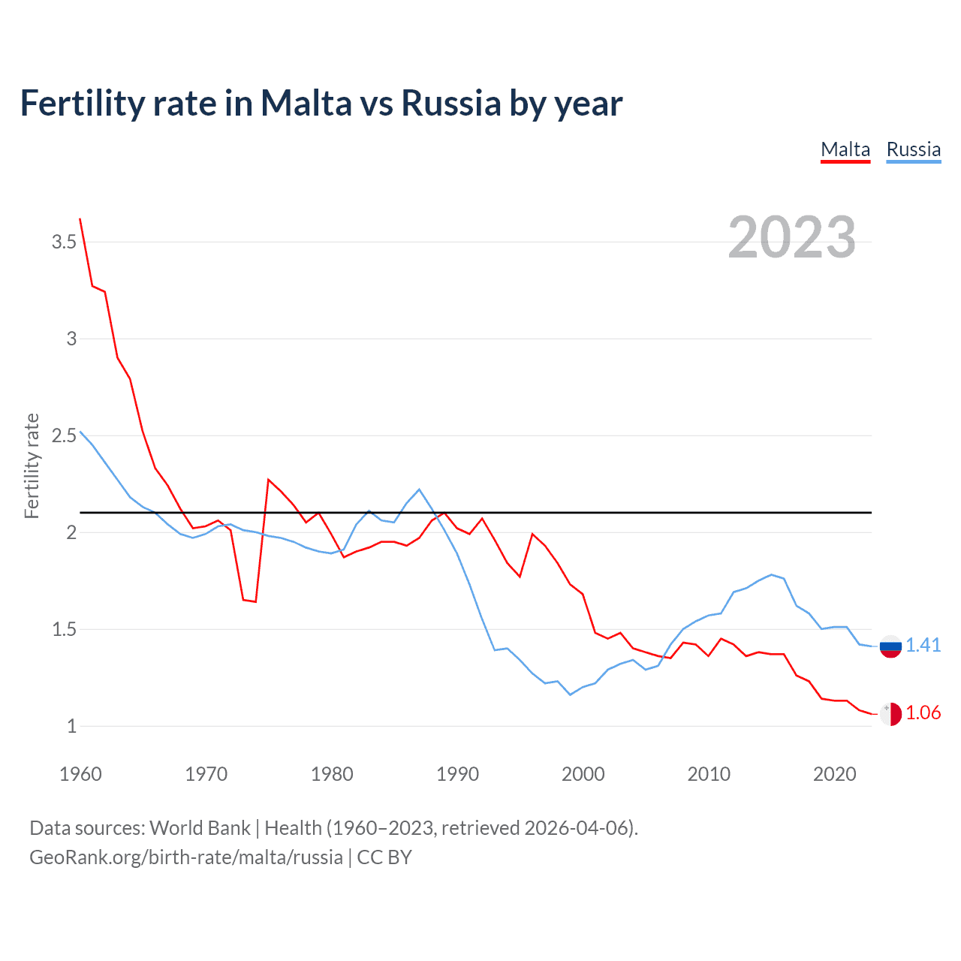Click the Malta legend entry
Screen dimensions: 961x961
tap(845, 149)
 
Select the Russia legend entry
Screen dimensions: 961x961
tap(913, 149)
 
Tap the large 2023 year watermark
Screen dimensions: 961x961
tap(791, 237)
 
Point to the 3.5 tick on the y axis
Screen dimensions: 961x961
tap(64, 242)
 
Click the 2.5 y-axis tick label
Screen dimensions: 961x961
tap(64, 435)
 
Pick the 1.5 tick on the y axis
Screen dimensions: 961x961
tap(64, 629)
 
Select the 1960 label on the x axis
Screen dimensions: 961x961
tap(80, 774)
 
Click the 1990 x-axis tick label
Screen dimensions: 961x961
tap(457, 774)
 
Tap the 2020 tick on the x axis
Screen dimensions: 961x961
tap(834, 774)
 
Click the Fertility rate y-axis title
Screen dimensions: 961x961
tap(32, 465)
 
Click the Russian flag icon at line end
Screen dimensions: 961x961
tap(890, 646)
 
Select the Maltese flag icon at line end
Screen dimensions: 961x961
tap(890, 713)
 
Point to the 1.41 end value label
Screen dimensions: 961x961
tap(923, 645)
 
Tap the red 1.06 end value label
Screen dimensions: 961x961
tap(923, 712)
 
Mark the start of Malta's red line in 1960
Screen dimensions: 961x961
tap(80, 219)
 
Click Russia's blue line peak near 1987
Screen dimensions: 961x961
tap(419, 490)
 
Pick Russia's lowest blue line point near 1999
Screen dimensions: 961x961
tap(570, 694)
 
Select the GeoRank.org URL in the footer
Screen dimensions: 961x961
tap(186, 857)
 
